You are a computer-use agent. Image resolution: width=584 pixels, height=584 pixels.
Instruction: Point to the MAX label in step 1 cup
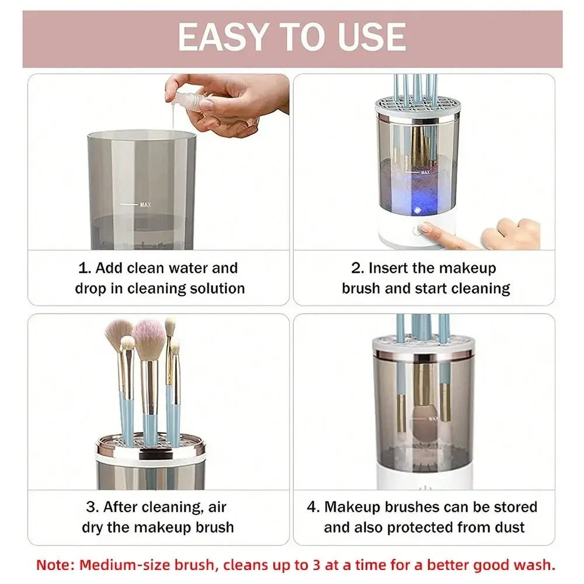(146, 205)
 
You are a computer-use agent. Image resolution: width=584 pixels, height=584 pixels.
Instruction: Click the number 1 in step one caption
(83, 268)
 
